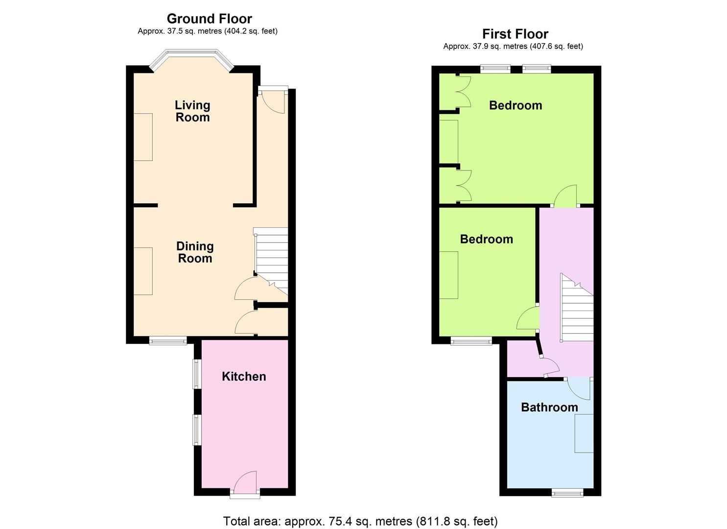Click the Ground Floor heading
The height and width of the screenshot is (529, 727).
(209, 19)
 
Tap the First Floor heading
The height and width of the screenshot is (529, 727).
(515, 34)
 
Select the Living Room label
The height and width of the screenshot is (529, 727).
(192, 111)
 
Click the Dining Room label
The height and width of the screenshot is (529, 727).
(195, 252)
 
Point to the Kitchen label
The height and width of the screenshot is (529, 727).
(244, 376)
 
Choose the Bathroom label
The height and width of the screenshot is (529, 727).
(549, 407)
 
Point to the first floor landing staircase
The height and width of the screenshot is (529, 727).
(576, 309)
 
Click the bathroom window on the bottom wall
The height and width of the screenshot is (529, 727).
(567, 492)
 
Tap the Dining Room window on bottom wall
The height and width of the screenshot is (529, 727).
(167, 340)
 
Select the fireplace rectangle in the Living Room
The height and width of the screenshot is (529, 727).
(143, 137)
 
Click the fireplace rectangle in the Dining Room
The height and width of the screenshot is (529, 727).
(143, 271)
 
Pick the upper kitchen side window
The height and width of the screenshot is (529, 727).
(197, 375)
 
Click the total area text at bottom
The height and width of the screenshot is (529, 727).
(360, 521)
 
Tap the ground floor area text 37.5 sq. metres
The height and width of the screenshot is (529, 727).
(208, 31)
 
